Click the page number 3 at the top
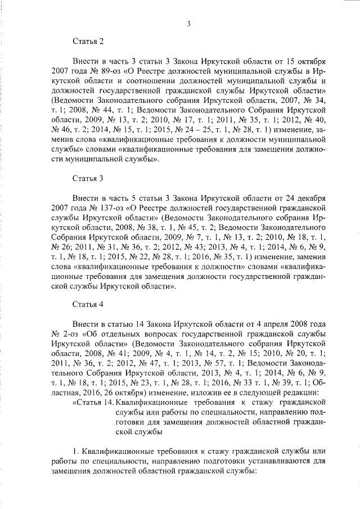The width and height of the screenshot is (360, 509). coord(190,23)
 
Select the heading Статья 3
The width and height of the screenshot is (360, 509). coord(88,179)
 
